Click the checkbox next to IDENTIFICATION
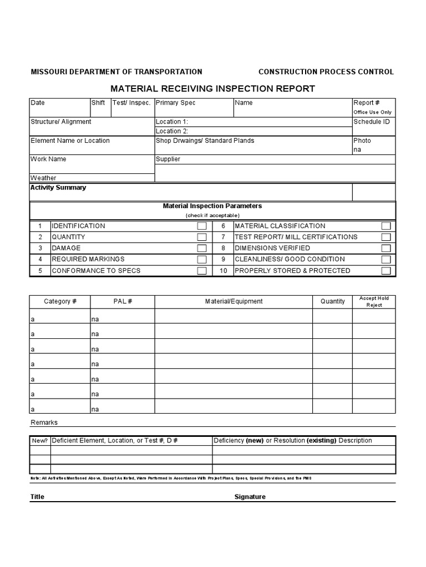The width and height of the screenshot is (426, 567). coord(202,226)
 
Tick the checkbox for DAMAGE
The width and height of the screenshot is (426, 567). coord(202,248)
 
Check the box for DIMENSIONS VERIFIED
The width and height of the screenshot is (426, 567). coord(386,248)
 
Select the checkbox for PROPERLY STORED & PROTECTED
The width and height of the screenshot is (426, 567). coord(386,271)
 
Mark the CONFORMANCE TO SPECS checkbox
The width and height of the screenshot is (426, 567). coord(202,271)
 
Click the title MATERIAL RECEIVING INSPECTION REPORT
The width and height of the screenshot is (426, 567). coord(212,89)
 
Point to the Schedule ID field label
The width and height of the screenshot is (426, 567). coord(371,122)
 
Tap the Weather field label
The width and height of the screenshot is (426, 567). coord(43,178)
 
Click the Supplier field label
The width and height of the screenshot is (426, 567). coord(168,159)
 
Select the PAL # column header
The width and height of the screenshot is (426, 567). coord(123,302)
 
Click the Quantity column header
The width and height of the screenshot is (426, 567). coord(332,302)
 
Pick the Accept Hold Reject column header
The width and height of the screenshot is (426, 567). coord(374,302)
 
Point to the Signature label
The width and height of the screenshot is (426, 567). coord(250,497)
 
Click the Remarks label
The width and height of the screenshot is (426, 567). coord(44,422)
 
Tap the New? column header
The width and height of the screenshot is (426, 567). coord(40,441)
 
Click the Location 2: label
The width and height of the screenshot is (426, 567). coord(172,131)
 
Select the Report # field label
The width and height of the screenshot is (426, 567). coord(366,103)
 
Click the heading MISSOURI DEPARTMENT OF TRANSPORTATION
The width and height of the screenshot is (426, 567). coord(116,72)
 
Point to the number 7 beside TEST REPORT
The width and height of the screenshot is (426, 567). coord(223,237)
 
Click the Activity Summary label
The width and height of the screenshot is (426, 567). coord(58,188)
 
